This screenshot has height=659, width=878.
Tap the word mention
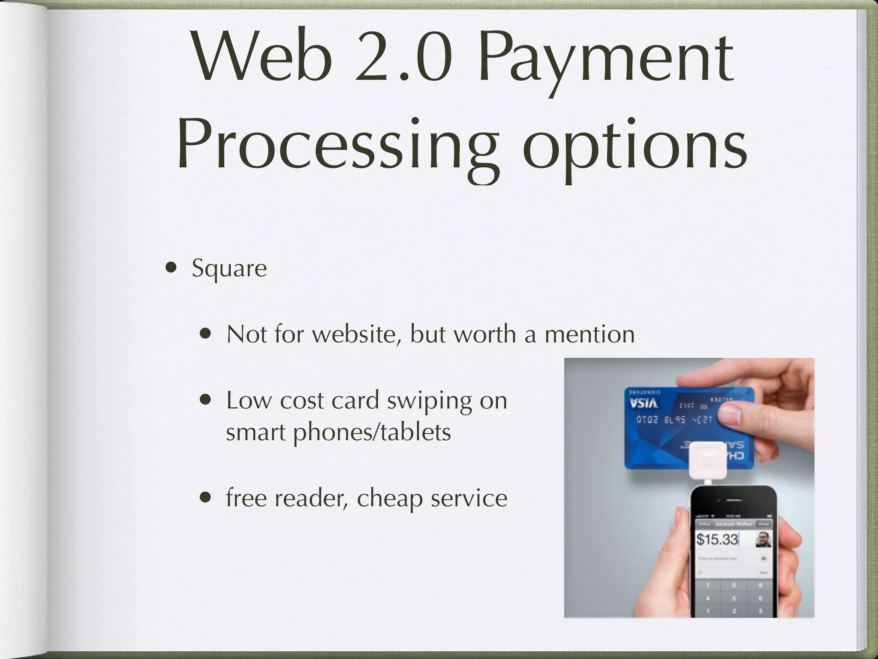click(x=589, y=334)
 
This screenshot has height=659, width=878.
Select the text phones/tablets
click(x=372, y=432)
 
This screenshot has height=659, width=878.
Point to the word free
click(x=247, y=498)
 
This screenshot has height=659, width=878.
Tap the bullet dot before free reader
click(x=206, y=498)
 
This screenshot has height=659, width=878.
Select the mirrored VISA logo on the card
click(x=644, y=403)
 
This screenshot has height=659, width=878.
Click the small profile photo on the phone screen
click(x=764, y=539)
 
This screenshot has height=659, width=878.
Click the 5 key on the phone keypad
click(x=734, y=598)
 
